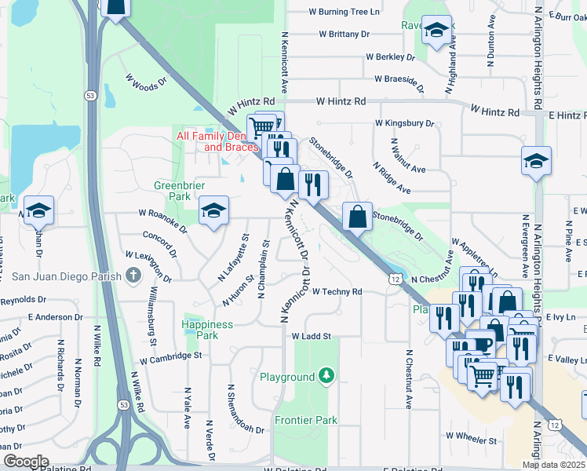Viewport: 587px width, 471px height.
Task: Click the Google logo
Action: coord(25,462)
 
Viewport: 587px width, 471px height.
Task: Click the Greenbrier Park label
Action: coord(173,191)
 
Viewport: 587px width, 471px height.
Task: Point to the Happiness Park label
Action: coord(207,330)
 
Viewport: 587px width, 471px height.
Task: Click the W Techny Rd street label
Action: coord(337,291)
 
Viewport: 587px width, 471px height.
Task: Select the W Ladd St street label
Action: coord(312,336)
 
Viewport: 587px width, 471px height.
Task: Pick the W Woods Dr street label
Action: coord(147,80)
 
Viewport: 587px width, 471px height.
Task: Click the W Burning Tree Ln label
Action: coord(344,13)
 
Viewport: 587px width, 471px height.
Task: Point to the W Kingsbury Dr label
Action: coord(404,123)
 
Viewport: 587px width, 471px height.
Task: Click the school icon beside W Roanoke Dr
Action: coord(213,210)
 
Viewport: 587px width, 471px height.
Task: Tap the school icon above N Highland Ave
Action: coord(436,31)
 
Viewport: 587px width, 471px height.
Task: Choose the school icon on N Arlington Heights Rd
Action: coord(537,161)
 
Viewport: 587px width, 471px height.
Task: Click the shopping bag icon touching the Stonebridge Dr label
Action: coord(357,217)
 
